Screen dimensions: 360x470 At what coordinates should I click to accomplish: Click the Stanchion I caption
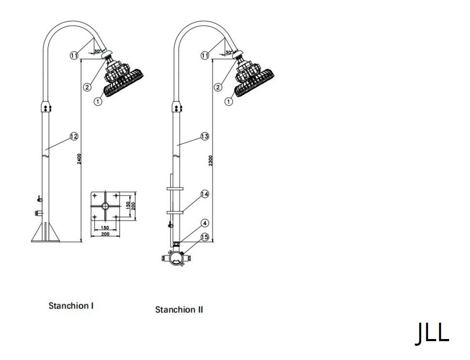tap(71, 306)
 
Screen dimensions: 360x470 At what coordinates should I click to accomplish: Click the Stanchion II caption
tap(179, 310)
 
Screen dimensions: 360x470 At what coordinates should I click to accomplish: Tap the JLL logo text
tap(432, 333)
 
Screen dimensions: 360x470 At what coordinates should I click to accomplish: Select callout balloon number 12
tap(74, 136)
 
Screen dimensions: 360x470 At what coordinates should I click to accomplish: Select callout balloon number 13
tap(205, 136)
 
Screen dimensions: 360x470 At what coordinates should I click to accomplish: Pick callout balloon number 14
tap(205, 194)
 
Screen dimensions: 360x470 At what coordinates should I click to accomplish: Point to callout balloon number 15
tap(205, 237)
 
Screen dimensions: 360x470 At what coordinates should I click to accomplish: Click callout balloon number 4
tap(205, 222)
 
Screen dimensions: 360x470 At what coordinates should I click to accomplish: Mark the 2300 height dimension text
tap(211, 161)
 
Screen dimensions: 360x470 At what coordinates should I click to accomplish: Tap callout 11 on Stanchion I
tap(74, 55)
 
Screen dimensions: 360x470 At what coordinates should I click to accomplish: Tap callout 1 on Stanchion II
tap(229, 101)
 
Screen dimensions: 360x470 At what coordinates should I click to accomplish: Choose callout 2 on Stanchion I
tap(87, 87)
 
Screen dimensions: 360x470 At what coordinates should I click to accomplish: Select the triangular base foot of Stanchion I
tap(45, 233)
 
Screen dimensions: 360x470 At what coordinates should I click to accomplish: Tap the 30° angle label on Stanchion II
tap(229, 52)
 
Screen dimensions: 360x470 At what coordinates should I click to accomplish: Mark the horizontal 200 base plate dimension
tap(105, 234)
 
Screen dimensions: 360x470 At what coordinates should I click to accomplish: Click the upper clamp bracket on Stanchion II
tap(176, 189)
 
